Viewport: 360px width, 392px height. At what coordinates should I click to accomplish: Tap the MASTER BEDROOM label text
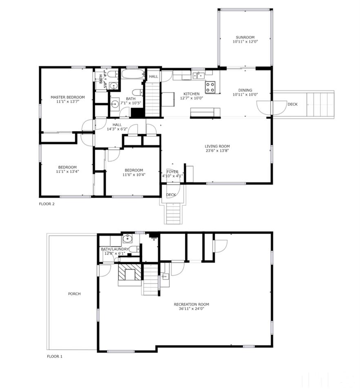pos(68,97)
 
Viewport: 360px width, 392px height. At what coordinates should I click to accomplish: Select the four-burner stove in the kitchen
pos(211,87)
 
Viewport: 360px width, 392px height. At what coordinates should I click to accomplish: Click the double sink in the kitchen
pos(199,75)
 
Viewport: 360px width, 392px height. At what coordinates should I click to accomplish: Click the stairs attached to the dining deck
pos(323,105)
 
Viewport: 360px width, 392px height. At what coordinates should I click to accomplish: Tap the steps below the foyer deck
pos(173,213)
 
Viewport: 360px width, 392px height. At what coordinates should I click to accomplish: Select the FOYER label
pos(173,172)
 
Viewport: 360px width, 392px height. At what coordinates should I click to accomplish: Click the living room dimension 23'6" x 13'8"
pos(217,151)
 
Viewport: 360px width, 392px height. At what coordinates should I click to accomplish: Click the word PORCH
pos(74,294)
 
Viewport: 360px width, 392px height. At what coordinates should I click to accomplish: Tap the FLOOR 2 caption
pos(47,204)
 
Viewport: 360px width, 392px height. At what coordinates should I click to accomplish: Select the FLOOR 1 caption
pos(55,356)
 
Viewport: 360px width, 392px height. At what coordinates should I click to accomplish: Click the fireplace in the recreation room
pos(130,273)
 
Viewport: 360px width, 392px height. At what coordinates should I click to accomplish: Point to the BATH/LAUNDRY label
pos(115,249)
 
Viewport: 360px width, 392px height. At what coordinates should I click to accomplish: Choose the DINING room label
pos(245,90)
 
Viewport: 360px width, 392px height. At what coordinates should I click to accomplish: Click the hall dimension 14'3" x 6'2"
pos(117,129)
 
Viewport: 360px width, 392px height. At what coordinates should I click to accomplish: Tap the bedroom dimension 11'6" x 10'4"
pos(134,175)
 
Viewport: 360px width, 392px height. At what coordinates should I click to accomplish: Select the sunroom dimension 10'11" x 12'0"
pos(245,42)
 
